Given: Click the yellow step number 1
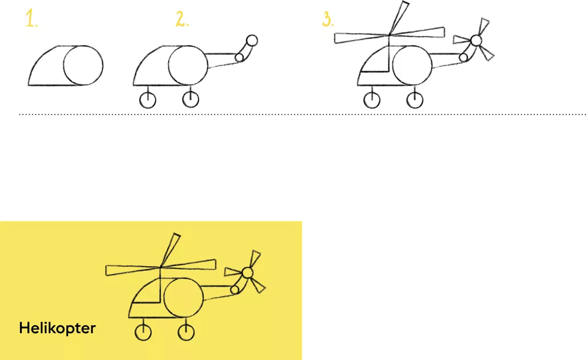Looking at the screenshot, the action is pyautogui.click(x=31, y=19).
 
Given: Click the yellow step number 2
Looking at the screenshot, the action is pyautogui.click(x=182, y=19).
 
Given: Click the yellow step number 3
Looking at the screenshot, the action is pyautogui.click(x=328, y=19).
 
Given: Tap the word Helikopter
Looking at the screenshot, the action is pyautogui.click(x=57, y=328).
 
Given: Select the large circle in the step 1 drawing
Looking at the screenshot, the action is pyautogui.click(x=64, y=65).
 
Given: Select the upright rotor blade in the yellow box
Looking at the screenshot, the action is pyautogui.click(x=170, y=251).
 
